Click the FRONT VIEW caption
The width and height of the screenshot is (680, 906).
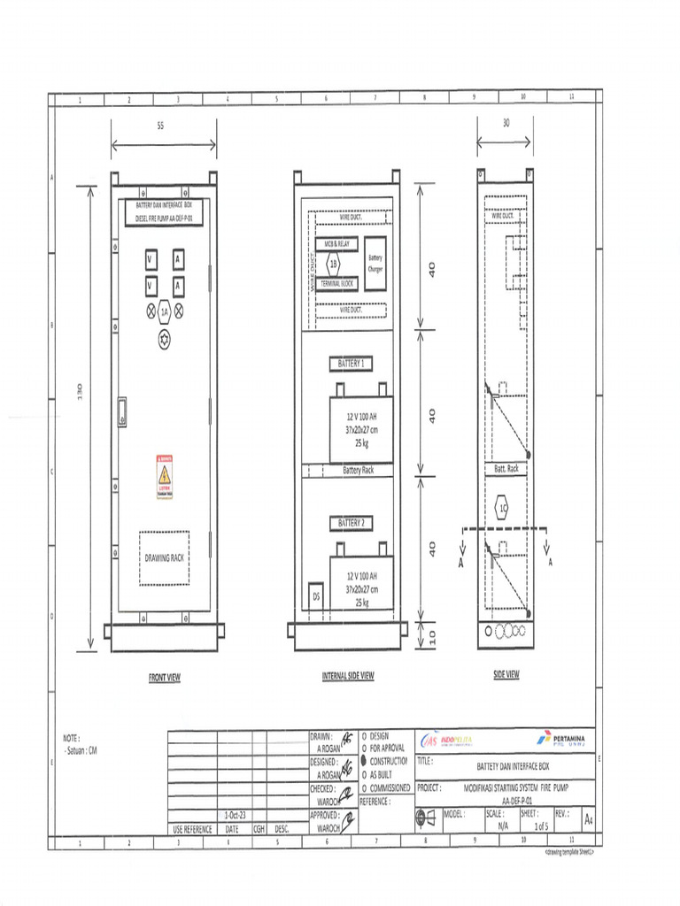[x=164, y=677]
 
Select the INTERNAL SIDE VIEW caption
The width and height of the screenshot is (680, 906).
[x=347, y=676]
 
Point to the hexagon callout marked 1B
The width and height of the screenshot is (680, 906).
[x=334, y=263]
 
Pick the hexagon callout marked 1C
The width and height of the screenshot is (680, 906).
[x=502, y=509]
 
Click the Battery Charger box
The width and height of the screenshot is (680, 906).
[x=375, y=263]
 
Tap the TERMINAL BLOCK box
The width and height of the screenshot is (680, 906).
[x=337, y=283]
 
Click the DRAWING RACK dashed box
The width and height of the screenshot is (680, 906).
[x=164, y=557]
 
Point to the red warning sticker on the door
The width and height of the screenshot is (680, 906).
[x=164, y=477]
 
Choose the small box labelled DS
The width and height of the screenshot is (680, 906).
[x=315, y=596]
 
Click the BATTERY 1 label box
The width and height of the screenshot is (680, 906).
[x=351, y=364]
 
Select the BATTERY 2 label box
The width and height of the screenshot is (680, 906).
[x=351, y=523]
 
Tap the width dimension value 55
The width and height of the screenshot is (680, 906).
[x=160, y=127]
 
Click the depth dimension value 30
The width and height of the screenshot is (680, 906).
[x=506, y=124]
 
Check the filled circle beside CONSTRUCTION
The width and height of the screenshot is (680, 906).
[x=364, y=761]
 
